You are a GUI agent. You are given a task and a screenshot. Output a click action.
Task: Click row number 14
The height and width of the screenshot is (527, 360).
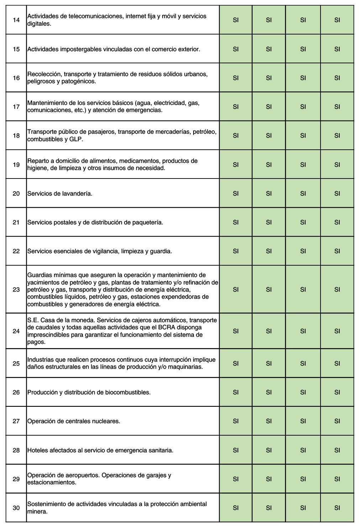point(16,20)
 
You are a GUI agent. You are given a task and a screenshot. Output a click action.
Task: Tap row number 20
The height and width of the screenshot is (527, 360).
point(16,193)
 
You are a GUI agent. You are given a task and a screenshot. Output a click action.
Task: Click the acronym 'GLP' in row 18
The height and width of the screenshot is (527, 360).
point(76,139)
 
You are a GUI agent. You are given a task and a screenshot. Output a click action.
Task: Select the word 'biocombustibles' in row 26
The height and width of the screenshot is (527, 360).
point(128,393)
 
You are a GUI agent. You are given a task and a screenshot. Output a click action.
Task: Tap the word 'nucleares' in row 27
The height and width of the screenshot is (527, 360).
point(107,421)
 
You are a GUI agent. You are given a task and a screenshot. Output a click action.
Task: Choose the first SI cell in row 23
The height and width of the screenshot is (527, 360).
point(235,289)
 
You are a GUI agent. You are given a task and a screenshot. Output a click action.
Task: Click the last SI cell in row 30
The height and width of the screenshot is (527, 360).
point(337,508)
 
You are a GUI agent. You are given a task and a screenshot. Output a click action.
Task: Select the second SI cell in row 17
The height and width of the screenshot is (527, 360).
point(269,107)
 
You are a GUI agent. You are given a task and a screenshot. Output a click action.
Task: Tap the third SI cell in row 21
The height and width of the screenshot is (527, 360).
point(303,222)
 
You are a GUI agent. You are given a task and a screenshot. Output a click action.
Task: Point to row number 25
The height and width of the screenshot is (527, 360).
point(16,363)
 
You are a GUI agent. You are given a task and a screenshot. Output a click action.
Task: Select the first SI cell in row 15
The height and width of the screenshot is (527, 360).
point(235,49)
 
